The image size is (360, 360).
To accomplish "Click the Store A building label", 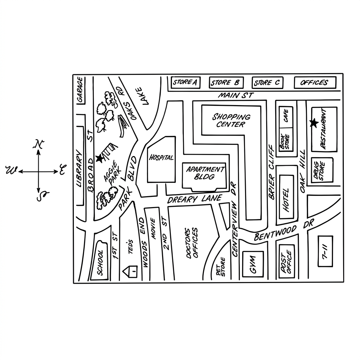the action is click(185, 82).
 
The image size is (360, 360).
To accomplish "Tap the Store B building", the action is click(226, 83).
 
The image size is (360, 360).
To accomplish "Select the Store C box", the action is click(268, 83).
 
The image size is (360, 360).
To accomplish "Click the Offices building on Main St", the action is click(315, 82).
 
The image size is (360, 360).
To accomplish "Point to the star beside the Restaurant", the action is click(314, 123).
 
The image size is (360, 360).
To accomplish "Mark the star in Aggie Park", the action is click(99, 158).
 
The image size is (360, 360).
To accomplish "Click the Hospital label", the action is click(161, 157).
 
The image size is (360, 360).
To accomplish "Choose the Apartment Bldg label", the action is click(205, 173).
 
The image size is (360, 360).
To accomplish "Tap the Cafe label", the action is click(286, 116).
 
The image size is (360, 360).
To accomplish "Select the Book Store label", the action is click(284, 141).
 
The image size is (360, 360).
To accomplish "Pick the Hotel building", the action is click(286, 197).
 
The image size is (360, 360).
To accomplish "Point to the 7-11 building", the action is click(325, 251).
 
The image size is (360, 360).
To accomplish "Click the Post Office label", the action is click(286, 262).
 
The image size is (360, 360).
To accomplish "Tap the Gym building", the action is click(253, 264).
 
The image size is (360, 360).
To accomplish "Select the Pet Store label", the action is click(221, 267).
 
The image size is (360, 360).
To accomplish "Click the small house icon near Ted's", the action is click(130, 272).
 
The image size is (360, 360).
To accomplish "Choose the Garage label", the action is click(80, 90).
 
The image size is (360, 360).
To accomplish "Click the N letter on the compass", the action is click(39, 144).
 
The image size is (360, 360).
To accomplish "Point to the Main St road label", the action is click(236, 95).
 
